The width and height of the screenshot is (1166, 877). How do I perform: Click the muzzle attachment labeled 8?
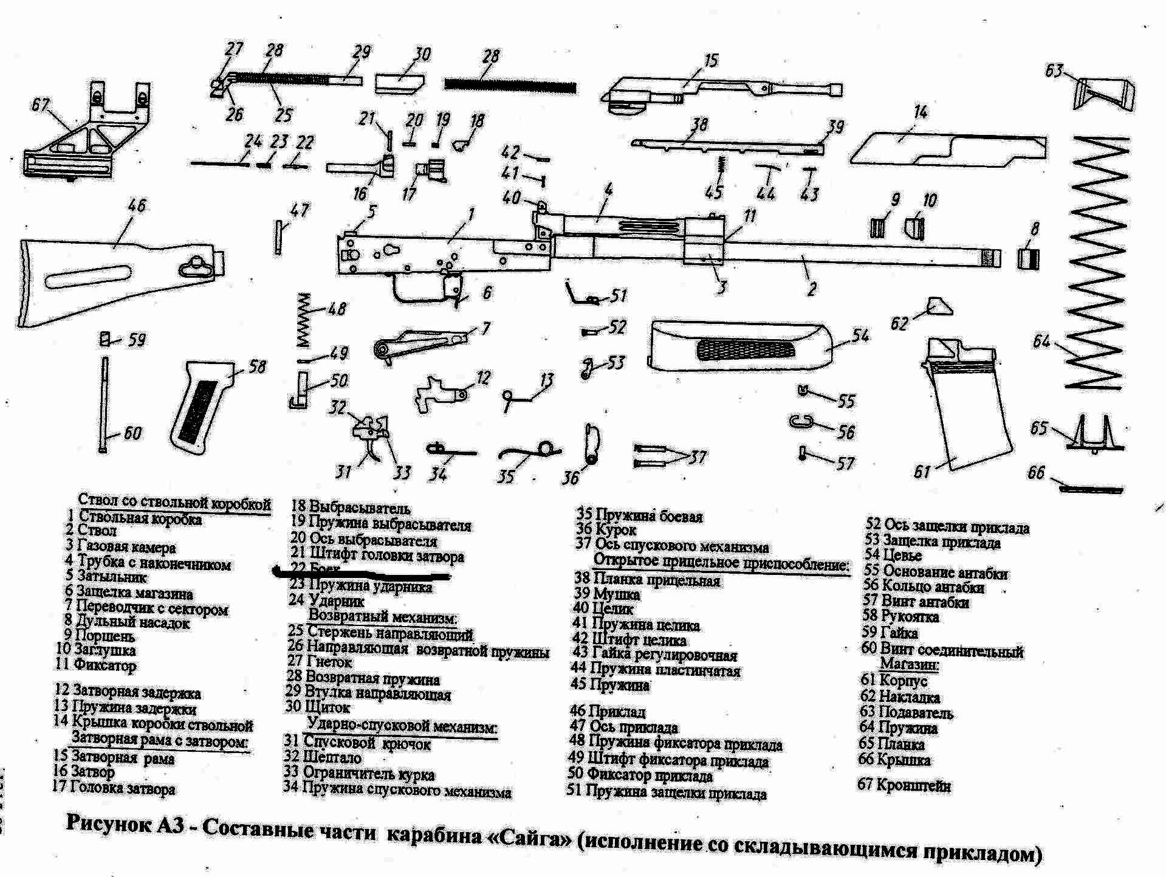click(x=1028, y=258)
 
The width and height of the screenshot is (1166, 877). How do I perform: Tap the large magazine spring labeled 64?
click(x=1097, y=261)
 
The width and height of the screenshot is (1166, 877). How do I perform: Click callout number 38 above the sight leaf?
click(x=699, y=125)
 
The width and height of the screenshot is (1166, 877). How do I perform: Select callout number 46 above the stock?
click(x=137, y=205)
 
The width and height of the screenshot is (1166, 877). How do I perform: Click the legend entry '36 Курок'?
click(x=606, y=530)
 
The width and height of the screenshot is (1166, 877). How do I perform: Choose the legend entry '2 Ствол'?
click(x=91, y=531)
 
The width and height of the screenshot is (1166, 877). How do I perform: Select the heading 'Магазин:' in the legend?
click(x=909, y=664)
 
